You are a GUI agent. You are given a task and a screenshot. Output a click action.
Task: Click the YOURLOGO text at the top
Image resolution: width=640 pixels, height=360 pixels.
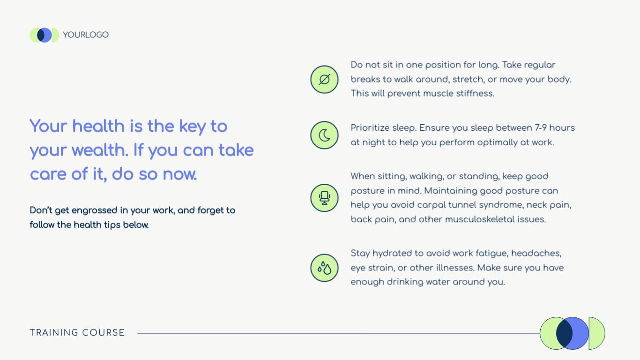click(x=86, y=35)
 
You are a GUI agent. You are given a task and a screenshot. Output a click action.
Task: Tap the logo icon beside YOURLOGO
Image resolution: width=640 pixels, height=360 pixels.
click(x=44, y=35)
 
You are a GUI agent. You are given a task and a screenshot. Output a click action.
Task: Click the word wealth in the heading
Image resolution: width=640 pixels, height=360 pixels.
click(x=100, y=150)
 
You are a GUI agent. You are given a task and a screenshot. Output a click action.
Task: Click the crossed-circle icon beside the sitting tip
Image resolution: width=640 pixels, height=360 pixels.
click(x=324, y=79)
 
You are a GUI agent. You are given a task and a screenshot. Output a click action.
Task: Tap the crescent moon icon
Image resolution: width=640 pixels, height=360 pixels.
click(x=324, y=135)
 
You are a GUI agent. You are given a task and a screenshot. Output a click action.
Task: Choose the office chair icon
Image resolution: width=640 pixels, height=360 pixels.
click(x=324, y=198)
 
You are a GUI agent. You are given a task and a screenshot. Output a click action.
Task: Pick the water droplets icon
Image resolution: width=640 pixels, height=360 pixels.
click(x=324, y=268)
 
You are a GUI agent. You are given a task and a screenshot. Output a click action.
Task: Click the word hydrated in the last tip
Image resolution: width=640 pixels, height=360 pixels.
click(x=391, y=254)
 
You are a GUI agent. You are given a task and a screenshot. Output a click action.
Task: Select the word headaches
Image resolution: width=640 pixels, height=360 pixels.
click(x=536, y=254)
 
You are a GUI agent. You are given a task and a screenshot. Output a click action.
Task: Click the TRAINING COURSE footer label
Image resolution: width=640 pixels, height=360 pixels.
click(x=77, y=333)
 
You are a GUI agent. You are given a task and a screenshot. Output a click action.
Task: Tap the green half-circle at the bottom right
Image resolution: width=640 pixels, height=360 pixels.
click(x=596, y=333)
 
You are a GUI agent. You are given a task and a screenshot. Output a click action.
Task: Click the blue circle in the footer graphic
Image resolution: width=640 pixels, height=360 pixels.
click(x=579, y=333)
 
